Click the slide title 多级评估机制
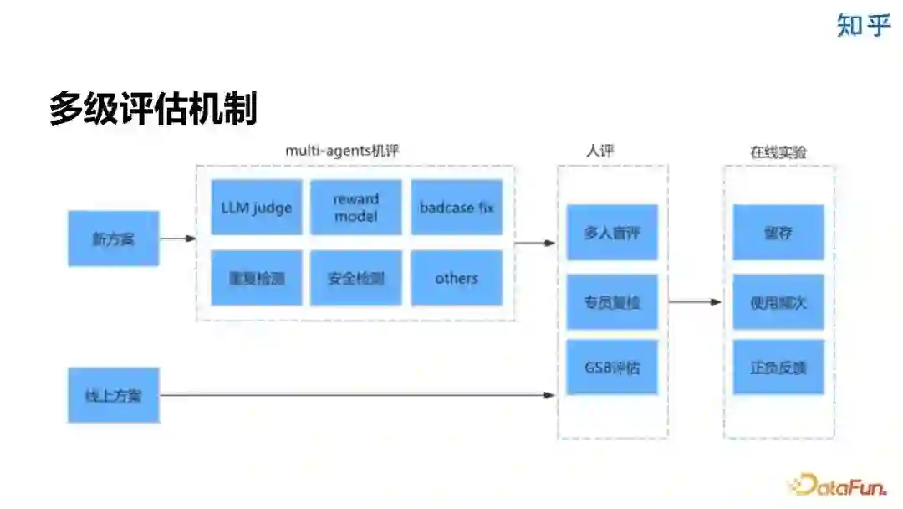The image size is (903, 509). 153,110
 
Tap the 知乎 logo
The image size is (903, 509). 864,25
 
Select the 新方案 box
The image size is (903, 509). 113,239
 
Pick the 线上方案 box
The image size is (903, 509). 113,394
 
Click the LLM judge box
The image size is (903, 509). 256,208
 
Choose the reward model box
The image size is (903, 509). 356,208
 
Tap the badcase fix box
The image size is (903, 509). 457,208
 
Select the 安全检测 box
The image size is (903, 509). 356,278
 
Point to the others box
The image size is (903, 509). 457,278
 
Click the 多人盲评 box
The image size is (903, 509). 612,233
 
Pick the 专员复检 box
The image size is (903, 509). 612,301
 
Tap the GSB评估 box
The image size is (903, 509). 612,367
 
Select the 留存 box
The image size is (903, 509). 778,233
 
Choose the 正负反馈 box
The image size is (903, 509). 778,367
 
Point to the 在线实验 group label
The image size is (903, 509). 778,152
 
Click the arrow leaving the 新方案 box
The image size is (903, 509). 177,239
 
